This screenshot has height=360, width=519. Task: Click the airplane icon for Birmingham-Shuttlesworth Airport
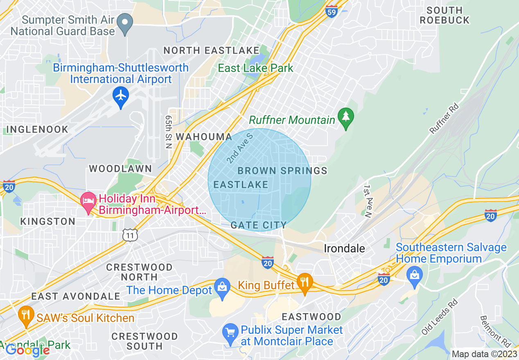point(121,96)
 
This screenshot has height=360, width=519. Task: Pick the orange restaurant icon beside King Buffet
point(304,282)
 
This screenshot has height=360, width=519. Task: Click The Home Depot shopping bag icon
point(222,288)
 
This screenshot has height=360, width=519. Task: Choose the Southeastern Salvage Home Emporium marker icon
point(415,273)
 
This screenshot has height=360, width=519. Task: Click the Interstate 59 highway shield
point(332,11)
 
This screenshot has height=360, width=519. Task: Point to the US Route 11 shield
point(130,235)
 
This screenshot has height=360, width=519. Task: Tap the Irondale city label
point(344,248)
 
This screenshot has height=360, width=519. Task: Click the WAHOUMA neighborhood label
point(204,137)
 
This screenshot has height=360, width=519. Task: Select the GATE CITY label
point(258,225)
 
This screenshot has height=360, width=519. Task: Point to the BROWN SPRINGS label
point(282,171)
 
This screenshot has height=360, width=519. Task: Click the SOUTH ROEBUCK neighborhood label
point(444,15)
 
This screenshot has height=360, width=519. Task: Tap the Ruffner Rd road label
point(444,119)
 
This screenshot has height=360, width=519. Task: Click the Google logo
point(27,350)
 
